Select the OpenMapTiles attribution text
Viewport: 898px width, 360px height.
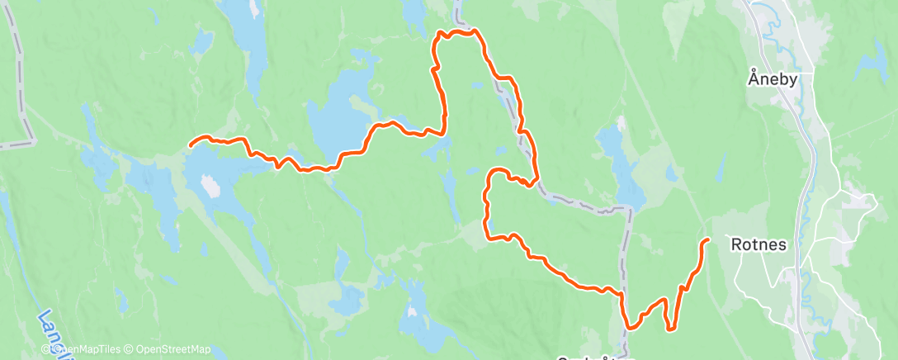(87, 349)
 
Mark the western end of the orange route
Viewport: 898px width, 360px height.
(191, 145)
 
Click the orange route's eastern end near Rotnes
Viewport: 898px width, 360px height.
(708, 239)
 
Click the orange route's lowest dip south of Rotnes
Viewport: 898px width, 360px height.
(669, 329)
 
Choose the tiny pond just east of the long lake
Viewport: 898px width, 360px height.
(670, 174)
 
